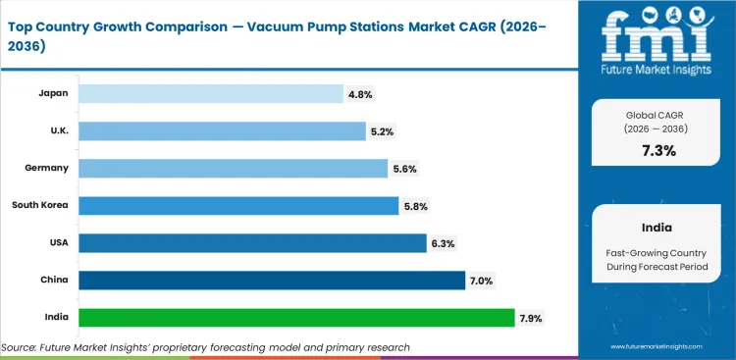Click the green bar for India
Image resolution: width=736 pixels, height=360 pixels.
point(296,318)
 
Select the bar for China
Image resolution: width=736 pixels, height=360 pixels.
point(272,281)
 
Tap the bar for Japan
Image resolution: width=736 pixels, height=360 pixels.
point(211,94)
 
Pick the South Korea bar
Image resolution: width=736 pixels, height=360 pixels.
point(238,206)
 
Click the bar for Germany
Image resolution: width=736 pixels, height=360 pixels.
point(233,169)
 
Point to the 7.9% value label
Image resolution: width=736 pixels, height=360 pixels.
point(531,318)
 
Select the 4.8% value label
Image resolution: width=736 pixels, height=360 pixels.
point(359,94)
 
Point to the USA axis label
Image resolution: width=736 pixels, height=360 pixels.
point(57,242)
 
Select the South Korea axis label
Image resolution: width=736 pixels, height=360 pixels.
point(40,205)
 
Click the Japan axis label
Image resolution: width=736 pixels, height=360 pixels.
point(53,93)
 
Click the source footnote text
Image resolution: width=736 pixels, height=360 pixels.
point(205,347)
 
